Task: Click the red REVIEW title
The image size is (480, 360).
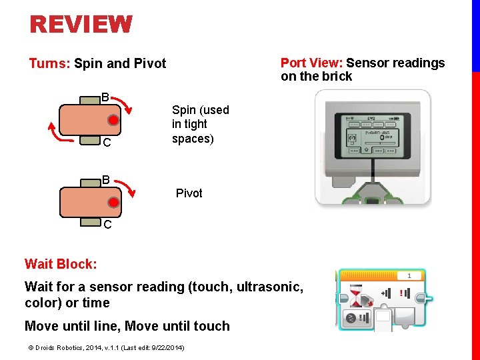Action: (81, 25)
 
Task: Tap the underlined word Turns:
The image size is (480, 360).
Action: (49, 64)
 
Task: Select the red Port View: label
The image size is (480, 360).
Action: (311, 63)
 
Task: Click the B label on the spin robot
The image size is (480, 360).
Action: (105, 97)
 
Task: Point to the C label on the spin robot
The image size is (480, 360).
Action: (106, 143)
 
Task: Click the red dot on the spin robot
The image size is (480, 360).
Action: (114, 121)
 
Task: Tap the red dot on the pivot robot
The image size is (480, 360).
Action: (114, 202)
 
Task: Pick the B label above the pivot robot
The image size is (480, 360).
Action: (105, 181)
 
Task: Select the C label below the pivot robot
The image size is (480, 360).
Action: (107, 225)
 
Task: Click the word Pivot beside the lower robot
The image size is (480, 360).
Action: (189, 193)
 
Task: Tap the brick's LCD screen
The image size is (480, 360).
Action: (370, 134)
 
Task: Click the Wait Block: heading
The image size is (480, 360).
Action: (61, 264)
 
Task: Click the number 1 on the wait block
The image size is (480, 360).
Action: (409, 275)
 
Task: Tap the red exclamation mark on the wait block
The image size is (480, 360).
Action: (403, 293)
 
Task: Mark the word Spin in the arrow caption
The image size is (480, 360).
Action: (184, 110)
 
